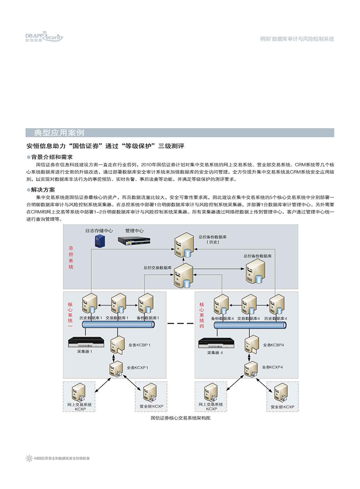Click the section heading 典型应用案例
(x=59, y=133)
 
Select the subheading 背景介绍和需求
(x=52, y=157)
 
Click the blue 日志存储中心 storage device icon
(x=100, y=241)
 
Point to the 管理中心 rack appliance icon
(x=134, y=241)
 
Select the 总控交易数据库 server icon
(x=183, y=275)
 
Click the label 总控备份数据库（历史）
(x=213, y=240)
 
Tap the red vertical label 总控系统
(x=71, y=257)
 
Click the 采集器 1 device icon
(x=86, y=342)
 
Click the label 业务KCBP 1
(x=139, y=345)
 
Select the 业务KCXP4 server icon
(x=251, y=369)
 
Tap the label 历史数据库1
(x=91, y=318)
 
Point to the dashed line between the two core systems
(x=180, y=323)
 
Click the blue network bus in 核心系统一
(x=119, y=325)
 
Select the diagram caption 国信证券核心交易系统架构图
(x=180, y=418)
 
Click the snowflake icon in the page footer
(x=29, y=458)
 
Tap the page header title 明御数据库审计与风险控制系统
(x=297, y=39)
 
